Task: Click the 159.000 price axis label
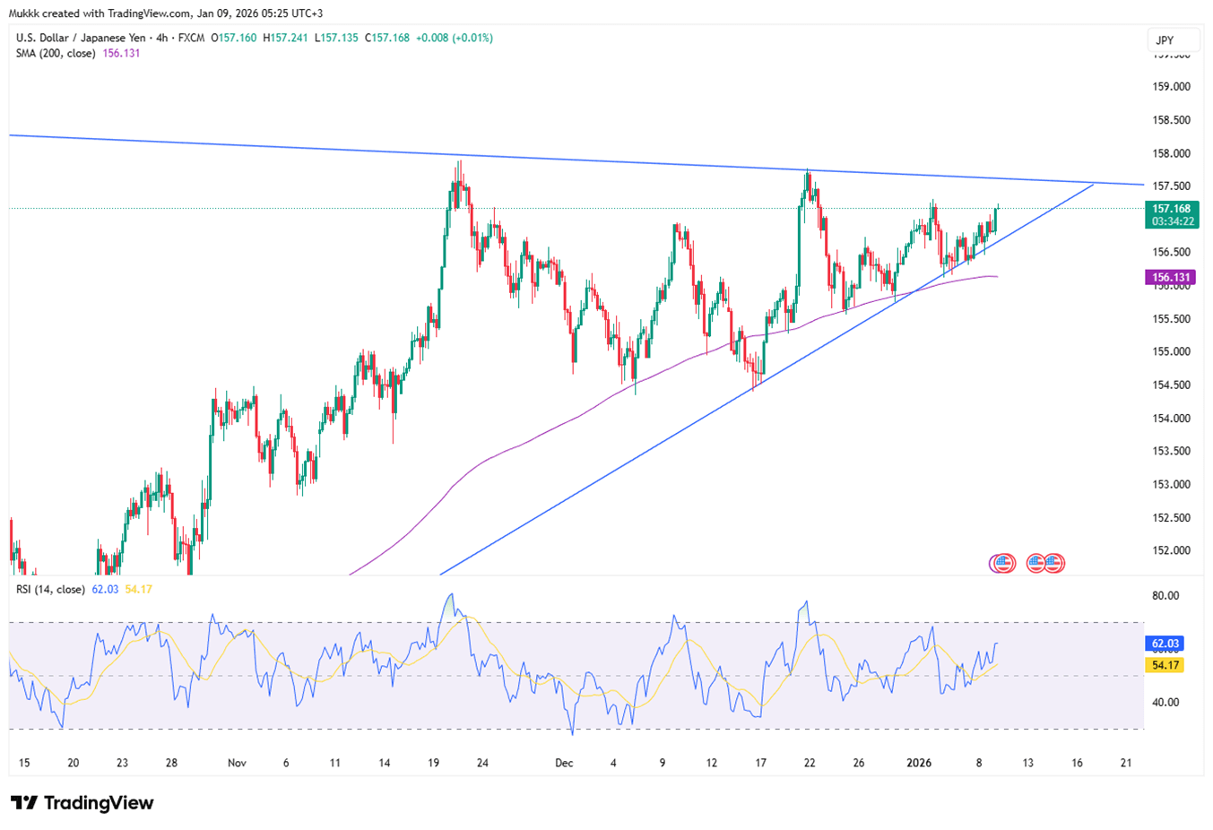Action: tap(1171, 87)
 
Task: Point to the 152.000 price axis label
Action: tap(1171, 550)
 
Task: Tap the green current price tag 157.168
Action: tap(1171, 209)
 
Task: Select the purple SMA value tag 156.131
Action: tap(1170, 278)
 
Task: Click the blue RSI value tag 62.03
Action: tap(1165, 644)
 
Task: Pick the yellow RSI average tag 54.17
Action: tap(1165, 665)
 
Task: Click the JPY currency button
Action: tap(1165, 40)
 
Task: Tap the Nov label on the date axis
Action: tap(237, 763)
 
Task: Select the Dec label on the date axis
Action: tap(564, 763)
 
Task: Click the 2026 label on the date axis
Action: tap(919, 763)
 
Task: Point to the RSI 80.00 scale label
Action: tap(1165, 596)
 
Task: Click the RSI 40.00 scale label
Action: tap(1165, 703)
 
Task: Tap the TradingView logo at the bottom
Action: tap(82, 803)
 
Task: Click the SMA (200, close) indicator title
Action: tap(56, 54)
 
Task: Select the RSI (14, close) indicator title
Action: tap(50, 590)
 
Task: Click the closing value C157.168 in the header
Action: tap(386, 39)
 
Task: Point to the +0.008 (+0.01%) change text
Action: tap(455, 39)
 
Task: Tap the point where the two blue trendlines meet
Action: tap(1095, 184)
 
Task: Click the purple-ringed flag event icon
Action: tap(1001, 564)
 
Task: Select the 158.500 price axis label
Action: tap(1171, 120)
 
